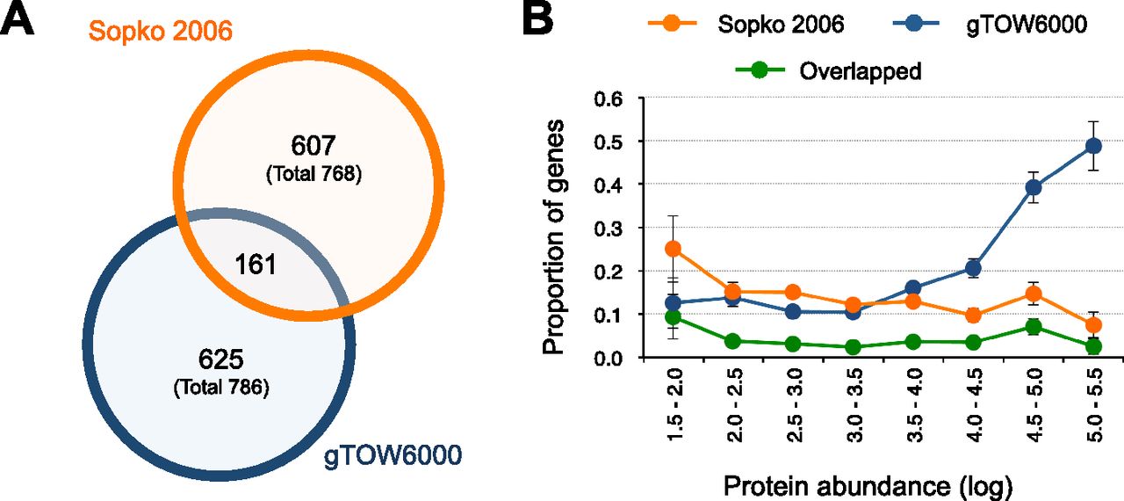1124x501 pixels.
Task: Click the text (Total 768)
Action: pyautogui.click(x=313, y=174)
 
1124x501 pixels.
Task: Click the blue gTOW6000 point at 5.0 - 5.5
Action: pyautogui.click(x=1092, y=146)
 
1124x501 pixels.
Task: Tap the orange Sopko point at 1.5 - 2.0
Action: pyautogui.click(x=674, y=249)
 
